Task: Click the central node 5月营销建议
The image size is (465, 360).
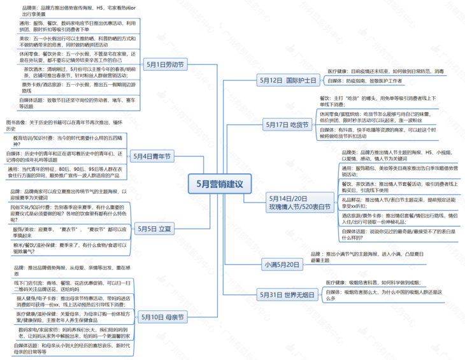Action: point(220,184)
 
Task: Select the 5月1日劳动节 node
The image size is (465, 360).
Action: point(165,64)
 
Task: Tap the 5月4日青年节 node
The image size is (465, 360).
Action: point(152,156)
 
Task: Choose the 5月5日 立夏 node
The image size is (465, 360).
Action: point(155,228)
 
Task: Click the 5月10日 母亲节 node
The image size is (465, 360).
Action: point(162,317)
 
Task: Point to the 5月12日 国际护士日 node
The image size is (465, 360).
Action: point(289,81)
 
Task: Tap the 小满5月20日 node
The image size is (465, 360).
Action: point(282,264)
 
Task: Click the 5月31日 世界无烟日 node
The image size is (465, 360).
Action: point(288,294)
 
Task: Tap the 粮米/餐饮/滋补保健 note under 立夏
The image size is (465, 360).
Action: point(70,248)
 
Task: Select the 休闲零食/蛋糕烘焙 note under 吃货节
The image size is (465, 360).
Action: point(382,117)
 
